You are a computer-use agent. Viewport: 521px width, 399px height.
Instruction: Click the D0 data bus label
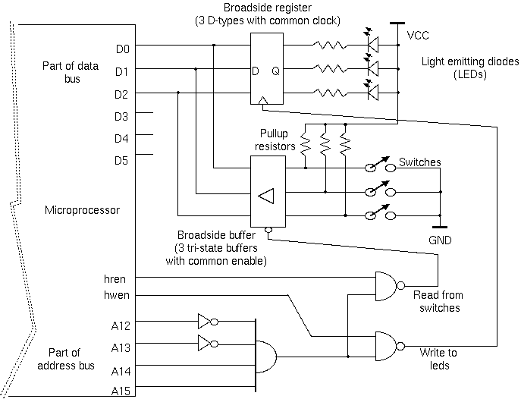click(x=122, y=50)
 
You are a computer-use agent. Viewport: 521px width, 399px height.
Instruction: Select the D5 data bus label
click(x=122, y=160)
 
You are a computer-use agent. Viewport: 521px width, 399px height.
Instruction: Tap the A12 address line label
click(x=121, y=326)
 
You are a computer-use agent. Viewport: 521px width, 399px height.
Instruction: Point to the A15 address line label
click(x=121, y=391)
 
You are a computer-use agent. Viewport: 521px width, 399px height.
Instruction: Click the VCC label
click(x=418, y=36)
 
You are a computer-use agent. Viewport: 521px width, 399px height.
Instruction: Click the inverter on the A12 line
click(x=206, y=320)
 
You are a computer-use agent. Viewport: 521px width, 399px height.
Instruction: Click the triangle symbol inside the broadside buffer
click(x=265, y=196)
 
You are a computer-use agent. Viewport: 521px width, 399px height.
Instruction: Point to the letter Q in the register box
click(x=275, y=71)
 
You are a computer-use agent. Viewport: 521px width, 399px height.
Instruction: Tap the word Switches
click(x=419, y=163)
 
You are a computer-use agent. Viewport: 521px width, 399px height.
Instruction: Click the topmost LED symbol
click(x=372, y=46)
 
